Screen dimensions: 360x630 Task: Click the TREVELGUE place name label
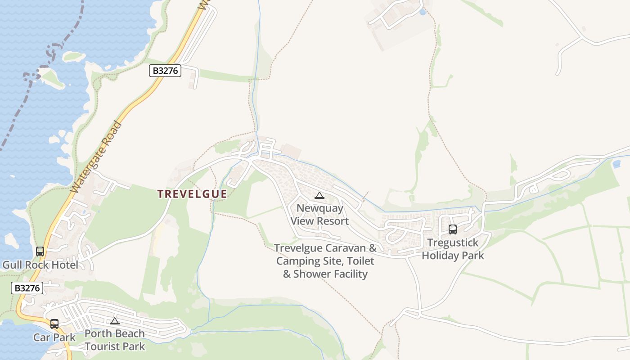[x=192, y=194]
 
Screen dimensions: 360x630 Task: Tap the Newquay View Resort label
[x=319, y=215]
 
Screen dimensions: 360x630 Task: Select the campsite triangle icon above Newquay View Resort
[x=319, y=195]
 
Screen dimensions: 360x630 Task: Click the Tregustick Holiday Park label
[x=453, y=249]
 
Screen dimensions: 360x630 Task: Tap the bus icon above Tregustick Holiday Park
[x=453, y=229]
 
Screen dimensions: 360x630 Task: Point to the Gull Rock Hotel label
[x=40, y=265]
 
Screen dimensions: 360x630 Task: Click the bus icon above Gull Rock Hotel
[x=40, y=252]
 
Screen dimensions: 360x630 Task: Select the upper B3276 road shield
[x=165, y=71]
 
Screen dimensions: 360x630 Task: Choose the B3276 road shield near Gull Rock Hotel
[x=27, y=288]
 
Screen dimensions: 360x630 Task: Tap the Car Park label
[x=54, y=337]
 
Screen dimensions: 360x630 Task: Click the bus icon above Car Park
[x=54, y=324]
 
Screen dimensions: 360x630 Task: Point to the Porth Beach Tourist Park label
[x=115, y=340]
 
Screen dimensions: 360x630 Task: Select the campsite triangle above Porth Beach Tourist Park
[x=115, y=321]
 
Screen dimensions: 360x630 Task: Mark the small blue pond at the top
[x=422, y=12]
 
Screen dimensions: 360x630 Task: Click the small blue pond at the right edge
[x=616, y=164]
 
